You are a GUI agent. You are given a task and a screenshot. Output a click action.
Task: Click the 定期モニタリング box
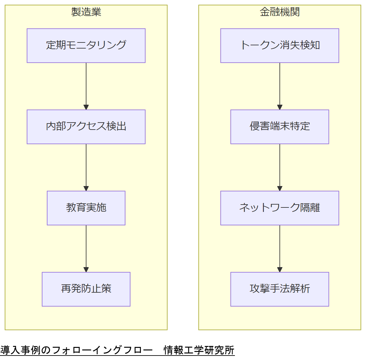click(86, 45)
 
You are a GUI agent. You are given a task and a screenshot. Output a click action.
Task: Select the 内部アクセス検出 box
click(86, 127)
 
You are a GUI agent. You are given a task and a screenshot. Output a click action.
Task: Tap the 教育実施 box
click(86, 208)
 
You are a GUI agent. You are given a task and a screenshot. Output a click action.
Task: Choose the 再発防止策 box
click(86, 289)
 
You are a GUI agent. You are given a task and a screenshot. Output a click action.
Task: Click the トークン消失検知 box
click(280, 45)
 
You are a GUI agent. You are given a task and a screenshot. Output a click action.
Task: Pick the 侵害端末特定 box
click(280, 127)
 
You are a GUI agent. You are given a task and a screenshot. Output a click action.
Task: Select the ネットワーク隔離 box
click(280, 208)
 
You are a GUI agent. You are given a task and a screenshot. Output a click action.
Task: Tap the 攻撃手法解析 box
click(280, 289)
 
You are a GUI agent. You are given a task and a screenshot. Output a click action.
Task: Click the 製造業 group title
click(86, 12)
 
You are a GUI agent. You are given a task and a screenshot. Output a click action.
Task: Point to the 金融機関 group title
click(280, 12)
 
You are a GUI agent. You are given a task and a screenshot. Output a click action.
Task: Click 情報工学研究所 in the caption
click(199, 350)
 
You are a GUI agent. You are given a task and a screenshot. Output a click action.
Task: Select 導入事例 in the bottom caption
click(20, 350)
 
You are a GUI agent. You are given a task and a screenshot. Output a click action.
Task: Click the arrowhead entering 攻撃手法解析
click(280, 270)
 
